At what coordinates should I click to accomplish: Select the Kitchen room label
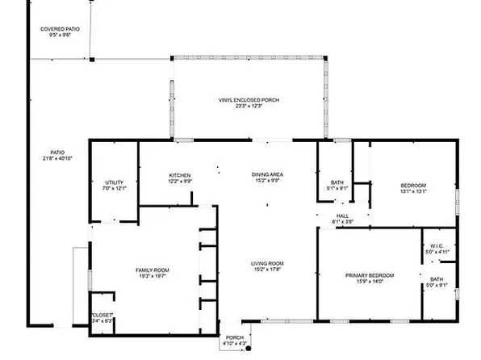[179, 175]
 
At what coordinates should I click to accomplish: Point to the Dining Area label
[266, 175]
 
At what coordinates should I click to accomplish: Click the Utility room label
[115, 182]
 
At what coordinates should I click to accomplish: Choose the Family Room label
[152, 270]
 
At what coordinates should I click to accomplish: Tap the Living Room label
[266, 263]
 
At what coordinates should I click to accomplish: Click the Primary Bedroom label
[370, 275]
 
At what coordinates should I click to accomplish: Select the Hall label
[342, 216]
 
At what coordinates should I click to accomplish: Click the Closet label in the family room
[102, 314]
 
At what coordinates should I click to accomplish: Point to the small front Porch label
[234, 338]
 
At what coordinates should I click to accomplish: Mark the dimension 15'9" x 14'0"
[370, 281]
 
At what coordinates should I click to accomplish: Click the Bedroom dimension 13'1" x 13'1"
[412, 191]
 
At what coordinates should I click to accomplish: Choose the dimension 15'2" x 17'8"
[266, 269]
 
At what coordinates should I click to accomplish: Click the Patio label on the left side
[57, 152]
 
